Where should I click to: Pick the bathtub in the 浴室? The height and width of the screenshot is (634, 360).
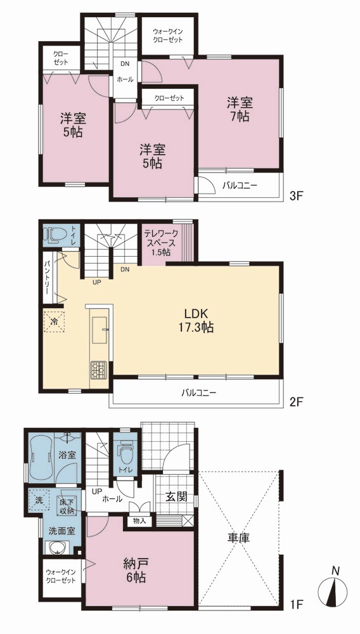pyautogui.click(x=41, y=455)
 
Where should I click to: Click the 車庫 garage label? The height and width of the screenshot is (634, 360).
pyautogui.click(x=238, y=538)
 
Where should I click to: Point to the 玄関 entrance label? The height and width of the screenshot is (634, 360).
pyautogui.click(x=177, y=497)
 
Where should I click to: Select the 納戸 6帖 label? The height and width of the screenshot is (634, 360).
pyautogui.click(x=136, y=570)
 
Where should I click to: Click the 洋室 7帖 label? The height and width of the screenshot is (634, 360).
pyautogui.click(x=240, y=109)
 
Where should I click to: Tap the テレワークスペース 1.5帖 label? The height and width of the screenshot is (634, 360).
pyautogui.click(x=160, y=243)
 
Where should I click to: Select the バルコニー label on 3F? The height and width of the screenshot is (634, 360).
pyautogui.click(x=240, y=186)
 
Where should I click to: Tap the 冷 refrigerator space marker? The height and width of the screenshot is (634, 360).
pyautogui.click(x=54, y=322)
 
